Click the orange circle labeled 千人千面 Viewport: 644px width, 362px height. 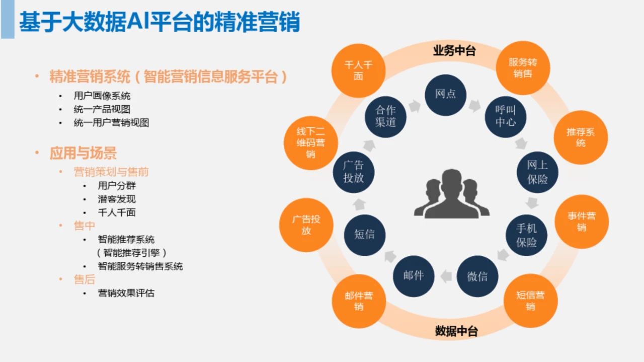(358, 70)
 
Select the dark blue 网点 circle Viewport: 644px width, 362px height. (445, 95)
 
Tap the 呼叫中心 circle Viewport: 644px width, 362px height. (506, 117)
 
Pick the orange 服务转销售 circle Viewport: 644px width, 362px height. (523, 68)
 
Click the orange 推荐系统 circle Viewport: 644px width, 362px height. (581, 137)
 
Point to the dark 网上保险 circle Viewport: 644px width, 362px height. (537, 172)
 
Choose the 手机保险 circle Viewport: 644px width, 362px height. (526, 235)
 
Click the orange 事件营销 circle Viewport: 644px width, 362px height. (582, 222)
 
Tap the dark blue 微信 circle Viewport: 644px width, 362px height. (477, 276)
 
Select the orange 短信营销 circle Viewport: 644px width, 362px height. (531, 301)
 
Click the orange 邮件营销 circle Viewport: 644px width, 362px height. (359, 301)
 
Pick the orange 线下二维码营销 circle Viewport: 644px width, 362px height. (311, 142)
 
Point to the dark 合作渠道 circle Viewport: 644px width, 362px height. (385, 116)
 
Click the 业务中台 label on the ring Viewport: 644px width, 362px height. (454, 51)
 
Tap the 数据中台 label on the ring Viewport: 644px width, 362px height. (456, 331)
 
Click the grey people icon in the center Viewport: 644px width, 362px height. (452, 194)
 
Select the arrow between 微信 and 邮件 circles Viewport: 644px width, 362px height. (446, 276)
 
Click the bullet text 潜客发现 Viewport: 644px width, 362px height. (117, 199)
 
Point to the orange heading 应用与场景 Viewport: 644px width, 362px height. (83, 153)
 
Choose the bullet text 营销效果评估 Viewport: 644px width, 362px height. (126, 293)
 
